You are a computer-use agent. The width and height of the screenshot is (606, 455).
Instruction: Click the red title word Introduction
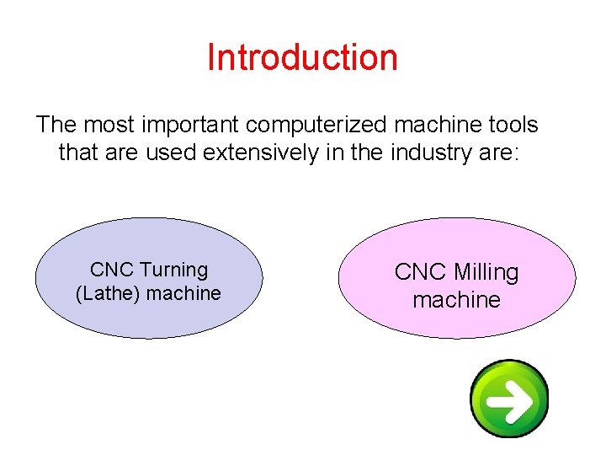pyautogui.click(x=302, y=57)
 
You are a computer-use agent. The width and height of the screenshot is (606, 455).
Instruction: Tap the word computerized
pyautogui.click(x=329, y=125)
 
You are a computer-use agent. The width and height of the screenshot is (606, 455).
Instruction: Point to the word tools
pyautogui.click(x=508, y=125)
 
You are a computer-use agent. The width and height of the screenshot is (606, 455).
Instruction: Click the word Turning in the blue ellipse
pyautogui.click(x=173, y=270)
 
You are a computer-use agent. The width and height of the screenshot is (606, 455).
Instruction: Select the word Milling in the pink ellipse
pyautogui.click(x=486, y=272)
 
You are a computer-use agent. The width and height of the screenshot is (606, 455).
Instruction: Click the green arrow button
pyautogui.click(x=509, y=399)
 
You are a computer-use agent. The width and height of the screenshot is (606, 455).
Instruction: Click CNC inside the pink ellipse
pyautogui.click(x=421, y=272)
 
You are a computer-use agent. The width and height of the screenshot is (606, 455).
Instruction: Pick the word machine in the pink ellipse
pyautogui.click(x=456, y=300)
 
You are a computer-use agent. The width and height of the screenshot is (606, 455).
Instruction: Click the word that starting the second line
pyautogui.click(x=74, y=153)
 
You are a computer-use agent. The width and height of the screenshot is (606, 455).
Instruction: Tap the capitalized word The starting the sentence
pyautogui.click(x=56, y=125)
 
